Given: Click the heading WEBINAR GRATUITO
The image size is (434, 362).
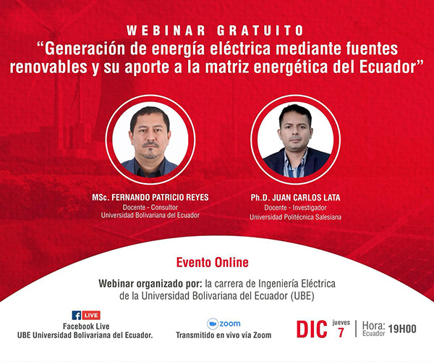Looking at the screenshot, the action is [x=215, y=30].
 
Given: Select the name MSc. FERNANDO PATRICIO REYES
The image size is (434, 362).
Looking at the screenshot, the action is [x=150, y=197].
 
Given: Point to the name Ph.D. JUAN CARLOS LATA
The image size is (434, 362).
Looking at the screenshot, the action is [x=295, y=198].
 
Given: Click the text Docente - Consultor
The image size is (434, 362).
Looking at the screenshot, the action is [x=150, y=207].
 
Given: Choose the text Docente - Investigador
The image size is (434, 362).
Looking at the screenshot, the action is [x=295, y=208].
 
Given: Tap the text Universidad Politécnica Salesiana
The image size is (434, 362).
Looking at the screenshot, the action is [x=295, y=217].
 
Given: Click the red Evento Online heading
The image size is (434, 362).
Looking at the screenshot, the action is [x=212, y=263].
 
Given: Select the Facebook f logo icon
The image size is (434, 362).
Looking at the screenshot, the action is [x=77, y=315].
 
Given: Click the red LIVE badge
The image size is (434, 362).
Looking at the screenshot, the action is [x=91, y=315].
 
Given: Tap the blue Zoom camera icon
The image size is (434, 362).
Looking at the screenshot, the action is [x=213, y=324].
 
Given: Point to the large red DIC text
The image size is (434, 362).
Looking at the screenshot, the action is [x=312, y=329].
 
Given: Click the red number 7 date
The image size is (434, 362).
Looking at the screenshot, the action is [x=341, y=332].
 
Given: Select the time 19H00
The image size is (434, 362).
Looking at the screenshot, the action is [x=402, y=329].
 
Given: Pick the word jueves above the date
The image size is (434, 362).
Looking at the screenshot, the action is [x=341, y=323].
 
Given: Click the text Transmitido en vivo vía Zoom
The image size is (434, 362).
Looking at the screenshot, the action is [x=224, y=335].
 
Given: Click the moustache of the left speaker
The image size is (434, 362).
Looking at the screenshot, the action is [x=150, y=145].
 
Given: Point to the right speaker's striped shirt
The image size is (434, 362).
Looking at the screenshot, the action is [x=295, y=164].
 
